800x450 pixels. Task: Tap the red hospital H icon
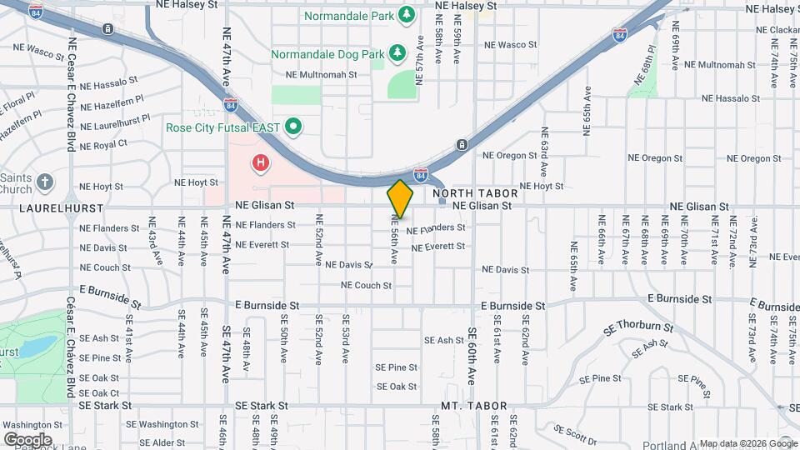pyautogui.click(x=261, y=162)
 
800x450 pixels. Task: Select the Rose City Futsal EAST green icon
pyautogui.click(x=292, y=127)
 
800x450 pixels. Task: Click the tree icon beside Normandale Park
pyautogui.click(x=407, y=14)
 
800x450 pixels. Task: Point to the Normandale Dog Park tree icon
pyautogui.click(x=398, y=53)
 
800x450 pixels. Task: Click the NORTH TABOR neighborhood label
pyautogui.click(x=476, y=192)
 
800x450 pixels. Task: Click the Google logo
pyautogui.click(x=27, y=439)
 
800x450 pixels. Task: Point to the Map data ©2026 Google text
pyautogui.click(x=747, y=443)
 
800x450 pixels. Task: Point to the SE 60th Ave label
pyautogui.click(x=471, y=353)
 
